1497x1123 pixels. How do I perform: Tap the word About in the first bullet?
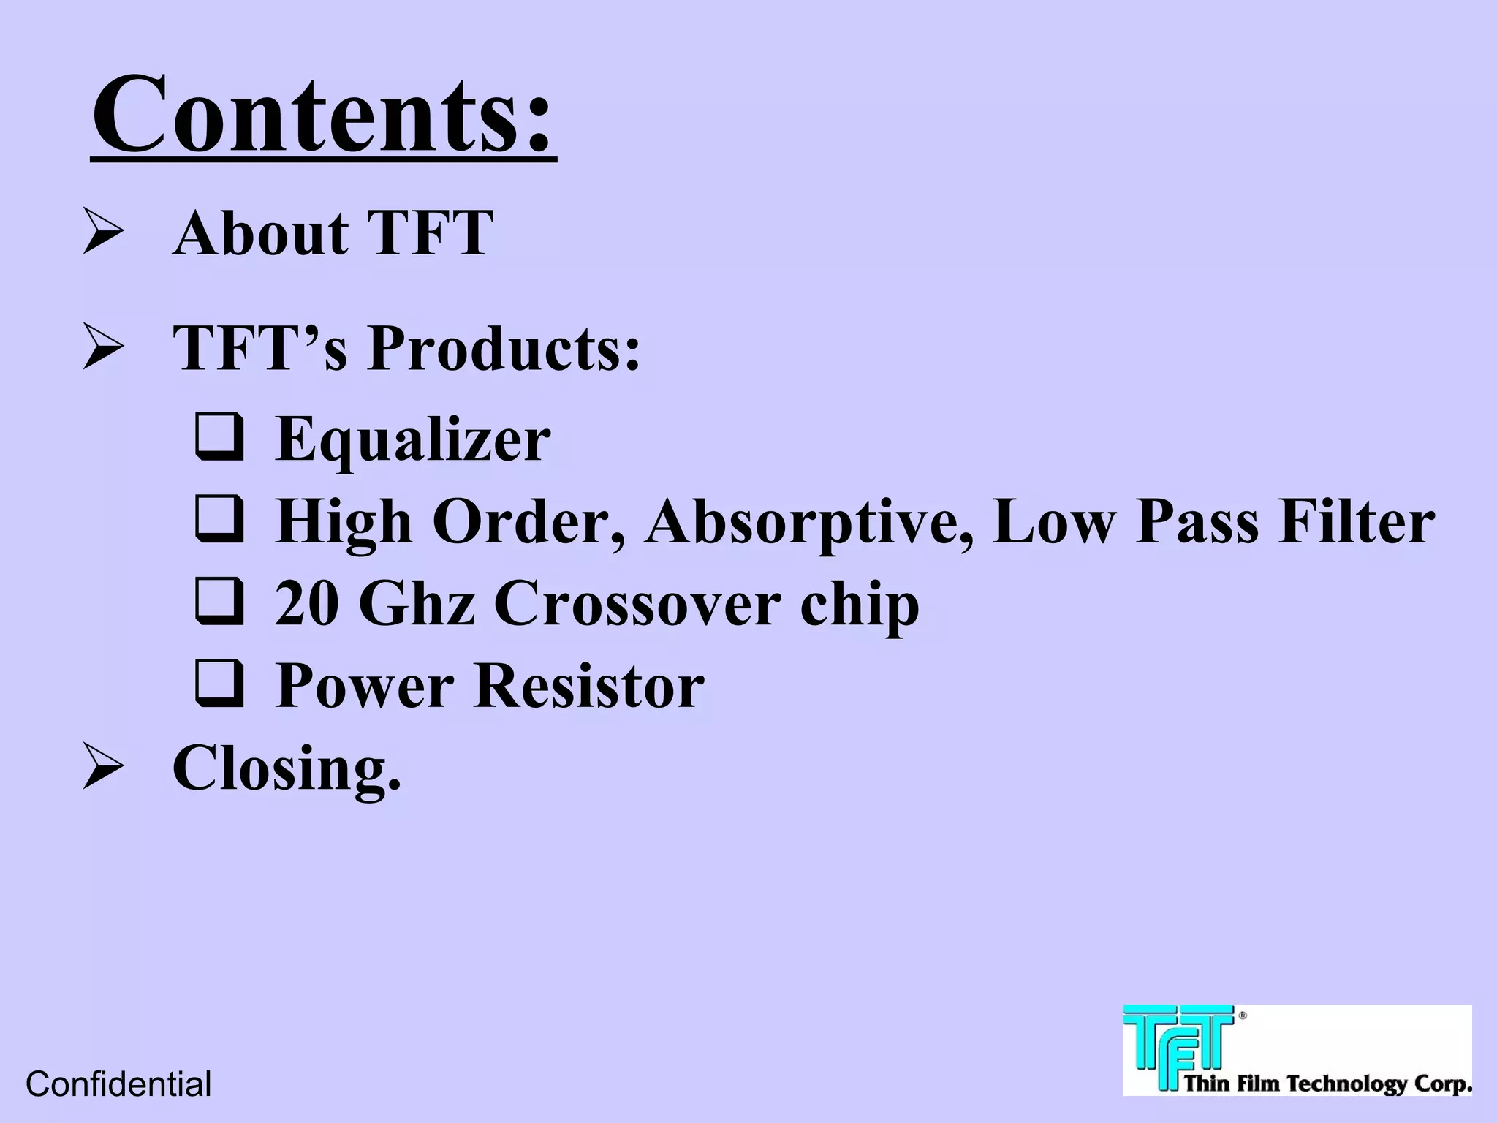[260, 233]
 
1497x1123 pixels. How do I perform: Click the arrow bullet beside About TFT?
[102, 231]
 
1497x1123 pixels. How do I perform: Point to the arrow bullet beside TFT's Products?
[102, 347]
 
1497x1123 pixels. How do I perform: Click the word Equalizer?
[413, 439]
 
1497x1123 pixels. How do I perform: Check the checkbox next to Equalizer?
[219, 437]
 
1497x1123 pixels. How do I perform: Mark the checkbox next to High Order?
[219, 520]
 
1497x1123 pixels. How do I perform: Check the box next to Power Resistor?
[219, 684]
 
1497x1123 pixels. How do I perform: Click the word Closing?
[287, 768]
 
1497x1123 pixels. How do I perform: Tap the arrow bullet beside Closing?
[102, 765]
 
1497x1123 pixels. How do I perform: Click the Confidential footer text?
[118, 1084]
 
